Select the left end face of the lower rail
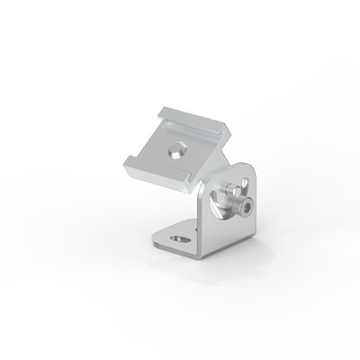point(126,166)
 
